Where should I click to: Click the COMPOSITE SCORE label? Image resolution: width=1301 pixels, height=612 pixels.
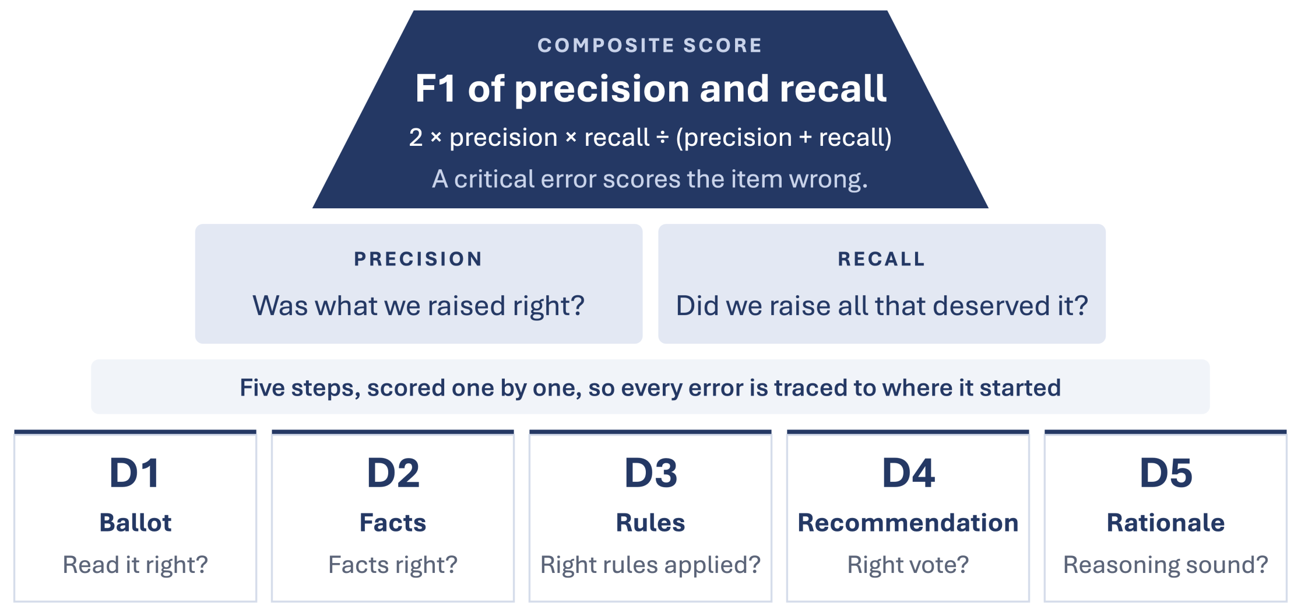tap(650, 46)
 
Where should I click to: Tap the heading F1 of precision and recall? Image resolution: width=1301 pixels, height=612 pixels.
tap(650, 89)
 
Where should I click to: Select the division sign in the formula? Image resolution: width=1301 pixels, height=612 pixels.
tap(663, 138)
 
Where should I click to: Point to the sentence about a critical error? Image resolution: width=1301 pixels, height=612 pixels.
tap(650, 179)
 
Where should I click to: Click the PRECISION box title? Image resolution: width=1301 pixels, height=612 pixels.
tap(419, 259)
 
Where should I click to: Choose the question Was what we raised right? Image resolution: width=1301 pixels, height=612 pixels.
tap(419, 306)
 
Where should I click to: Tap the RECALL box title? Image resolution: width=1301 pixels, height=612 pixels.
tap(881, 259)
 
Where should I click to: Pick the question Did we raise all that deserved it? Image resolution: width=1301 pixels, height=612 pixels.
tap(882, 306)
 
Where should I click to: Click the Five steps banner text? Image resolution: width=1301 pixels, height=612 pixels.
tap(650, 388)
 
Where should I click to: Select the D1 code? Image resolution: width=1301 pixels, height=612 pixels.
tap(135, 473)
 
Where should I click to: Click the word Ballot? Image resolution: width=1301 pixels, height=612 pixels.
tap(135, 523)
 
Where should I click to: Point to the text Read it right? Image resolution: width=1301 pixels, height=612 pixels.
tap(135, 565)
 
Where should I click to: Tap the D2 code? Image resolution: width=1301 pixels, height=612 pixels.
tap(393, 473)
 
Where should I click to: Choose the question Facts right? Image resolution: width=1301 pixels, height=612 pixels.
tap(393, 565)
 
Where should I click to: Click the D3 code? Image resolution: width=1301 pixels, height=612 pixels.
tap(650, 473)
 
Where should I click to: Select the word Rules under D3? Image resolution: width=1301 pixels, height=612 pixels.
tap(650, 523)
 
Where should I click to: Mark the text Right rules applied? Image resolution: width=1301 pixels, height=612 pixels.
tap(650, 565)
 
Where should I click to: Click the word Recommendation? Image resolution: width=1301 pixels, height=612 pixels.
tap(908, 523)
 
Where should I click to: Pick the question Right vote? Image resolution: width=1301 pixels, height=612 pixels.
tap(908, 565)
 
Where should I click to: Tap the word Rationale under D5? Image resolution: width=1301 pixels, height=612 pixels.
tap(1166, 523)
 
